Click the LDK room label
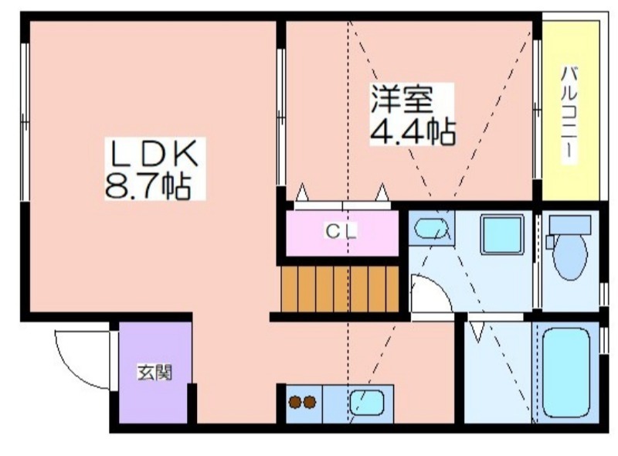(x=154, y=154)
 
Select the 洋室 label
(x=401, y=99)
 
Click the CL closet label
(x=341, y=231)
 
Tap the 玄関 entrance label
(x=155, y=372)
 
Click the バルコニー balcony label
(x=569, y=112)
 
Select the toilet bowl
(x=569, y=257)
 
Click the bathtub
(x=565, y=373)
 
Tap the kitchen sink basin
(x=366, y=403)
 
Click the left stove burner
(x=295, y=402)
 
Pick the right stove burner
(x=310, y=402)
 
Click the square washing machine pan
(x=501, y=235)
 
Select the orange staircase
(x=339, y=289)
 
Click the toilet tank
(x=570, y=225)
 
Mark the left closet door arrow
(x=302, y=192)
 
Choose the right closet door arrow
(x=382, y=192)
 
